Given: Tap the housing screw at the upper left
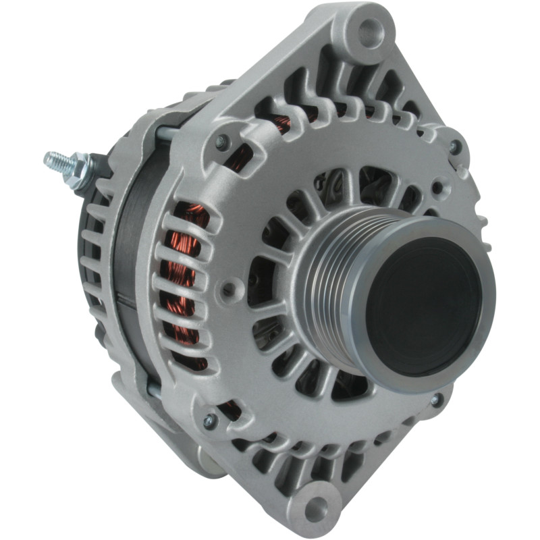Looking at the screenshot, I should click(221, 142).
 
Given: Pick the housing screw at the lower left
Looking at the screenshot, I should click(211, 419).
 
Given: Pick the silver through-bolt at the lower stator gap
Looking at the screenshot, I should click(155, 389).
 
